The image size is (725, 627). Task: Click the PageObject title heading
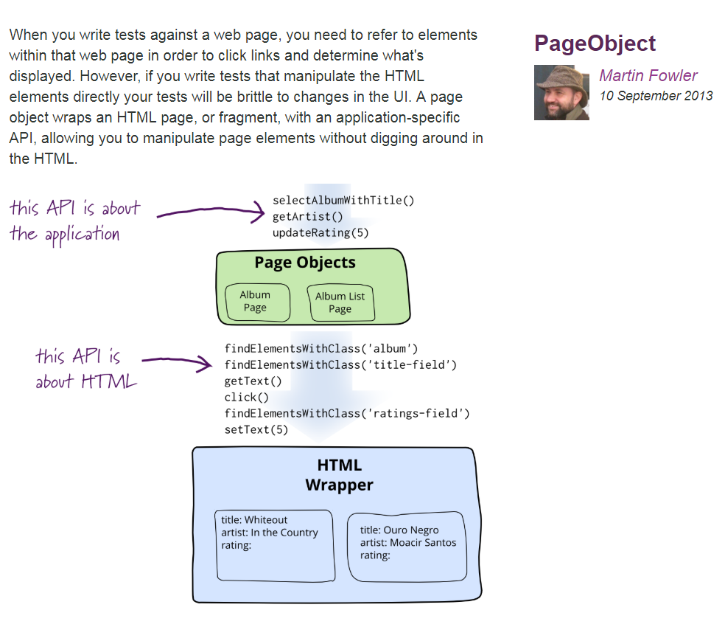tap(595, 44)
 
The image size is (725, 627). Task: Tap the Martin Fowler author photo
tap(561, 92)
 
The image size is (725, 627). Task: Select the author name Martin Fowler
tap(648, 75)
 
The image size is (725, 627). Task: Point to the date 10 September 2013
tap(656, 95)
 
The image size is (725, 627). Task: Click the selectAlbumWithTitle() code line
tap(344, 201)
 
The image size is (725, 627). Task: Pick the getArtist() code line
tap(308, 217)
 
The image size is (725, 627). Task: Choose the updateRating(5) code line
tap(321, 233)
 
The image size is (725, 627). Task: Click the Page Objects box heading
tap(305, 263)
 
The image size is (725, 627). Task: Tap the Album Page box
tap(256, 302)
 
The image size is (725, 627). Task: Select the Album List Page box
tap(340, 302)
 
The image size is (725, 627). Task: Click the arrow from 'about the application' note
tap(210, 213)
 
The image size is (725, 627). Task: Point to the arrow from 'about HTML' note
tap(176, 361)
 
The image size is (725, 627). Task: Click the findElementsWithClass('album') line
tap(321, 348)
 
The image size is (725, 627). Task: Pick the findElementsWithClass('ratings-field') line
tap(347, 413)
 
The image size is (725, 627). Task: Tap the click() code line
tap(246, 397)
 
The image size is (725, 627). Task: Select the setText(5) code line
tap(256, 429)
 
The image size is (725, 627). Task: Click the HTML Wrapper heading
tap(339, 475)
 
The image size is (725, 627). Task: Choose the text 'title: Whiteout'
tap(254, 520)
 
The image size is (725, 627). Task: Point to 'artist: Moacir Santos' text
tap(408, 543)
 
